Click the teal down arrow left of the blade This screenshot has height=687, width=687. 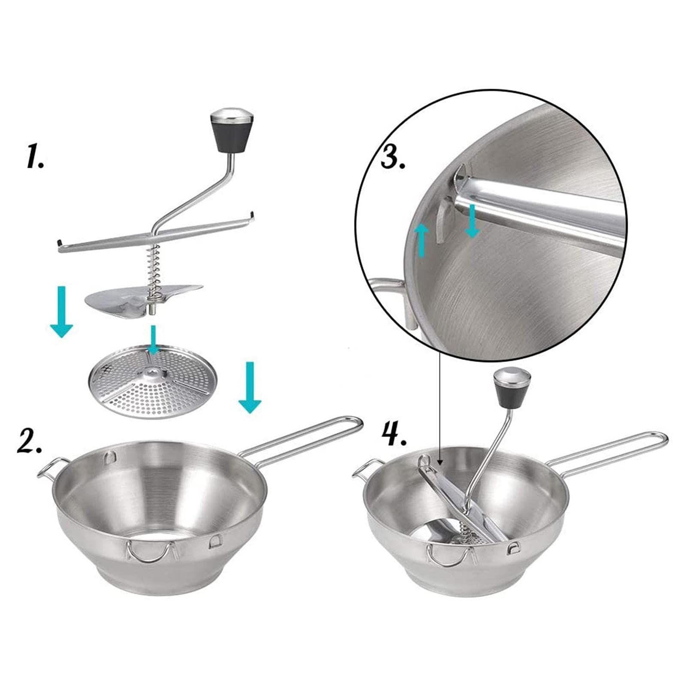point(62,312)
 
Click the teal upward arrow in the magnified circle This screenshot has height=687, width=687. point(422,241)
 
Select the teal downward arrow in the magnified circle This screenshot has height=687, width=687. point(472,221)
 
